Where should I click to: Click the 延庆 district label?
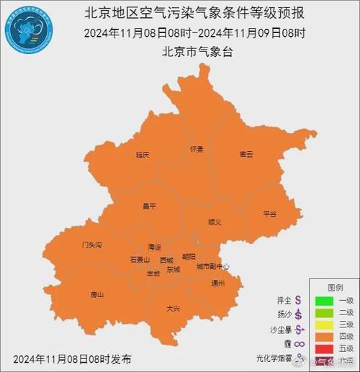click(x=143, y=155)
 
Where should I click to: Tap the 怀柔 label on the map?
click(x=197, y=149)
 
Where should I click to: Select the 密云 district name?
click(x=246, y=155)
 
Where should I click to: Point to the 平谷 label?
click(x=270, y=214)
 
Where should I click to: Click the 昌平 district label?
click(x=149, y=207)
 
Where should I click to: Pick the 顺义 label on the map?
click(x=215, y=222)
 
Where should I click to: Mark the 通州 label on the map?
click(x=218, y=283)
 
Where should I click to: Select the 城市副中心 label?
click(x=212, y=267)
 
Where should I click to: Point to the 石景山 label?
click(x=140, y=259)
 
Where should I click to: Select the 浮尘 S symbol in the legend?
click(x=297, y=299)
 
